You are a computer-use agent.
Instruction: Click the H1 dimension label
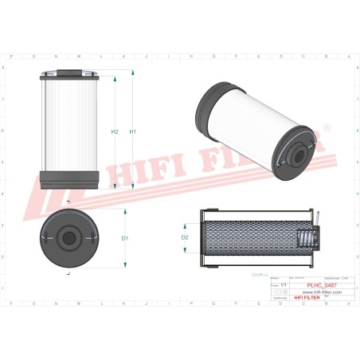(x=133, y=131)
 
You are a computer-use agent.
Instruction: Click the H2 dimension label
(x=115, y=131)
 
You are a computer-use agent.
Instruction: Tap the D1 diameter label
(x=125, y=238)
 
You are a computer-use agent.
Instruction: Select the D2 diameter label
(x=185, y=237)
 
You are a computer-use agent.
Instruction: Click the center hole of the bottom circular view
(x=68, y=237)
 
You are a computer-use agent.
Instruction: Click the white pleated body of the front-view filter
(x=68, y=127)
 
